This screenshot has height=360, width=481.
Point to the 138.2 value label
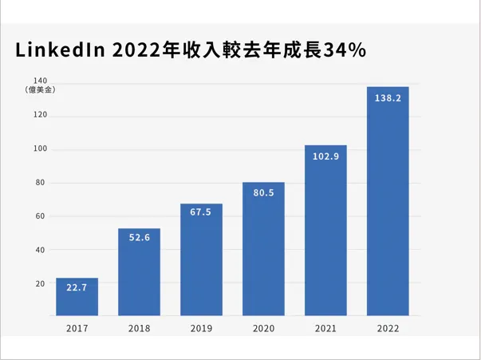click(388, 98)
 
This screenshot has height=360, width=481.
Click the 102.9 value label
click(325, 156)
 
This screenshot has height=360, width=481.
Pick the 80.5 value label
click(263, 193)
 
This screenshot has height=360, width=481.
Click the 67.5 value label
click(201, 212)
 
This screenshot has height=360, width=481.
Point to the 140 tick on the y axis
click(40, 80)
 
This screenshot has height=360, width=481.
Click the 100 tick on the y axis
click(40, 149)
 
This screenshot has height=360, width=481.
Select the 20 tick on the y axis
click(41, 283)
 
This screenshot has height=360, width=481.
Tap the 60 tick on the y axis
click(41, 216)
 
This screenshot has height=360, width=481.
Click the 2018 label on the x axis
click(139, 328)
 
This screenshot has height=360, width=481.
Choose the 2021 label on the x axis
click(325, 328)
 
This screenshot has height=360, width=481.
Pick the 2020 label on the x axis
click(263, 328)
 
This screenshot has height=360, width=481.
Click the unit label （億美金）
click(40, 90)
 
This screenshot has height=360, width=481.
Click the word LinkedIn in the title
click(61, 49)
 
